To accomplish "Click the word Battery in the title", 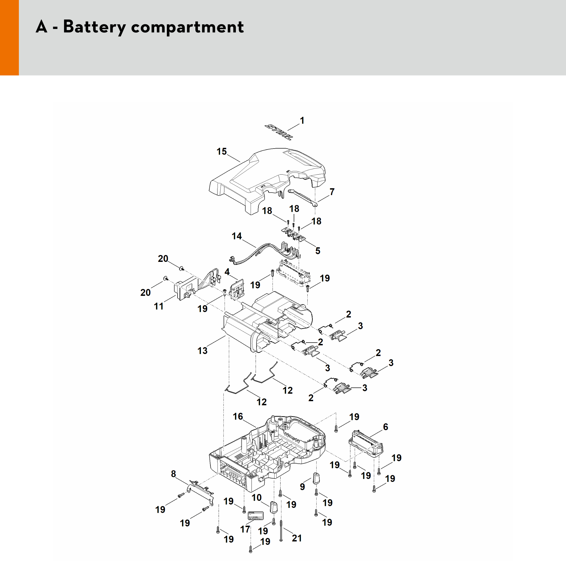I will tap(94, 27).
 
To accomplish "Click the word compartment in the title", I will tap(187, 27).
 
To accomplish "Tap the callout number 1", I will tap(302, 121).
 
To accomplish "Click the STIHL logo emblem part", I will tap(279, 132).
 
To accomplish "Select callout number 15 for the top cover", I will tap(221, 151).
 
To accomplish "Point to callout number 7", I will tap(332, 192).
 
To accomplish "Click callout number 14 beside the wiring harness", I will tap(237, 236).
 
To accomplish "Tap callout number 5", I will tap(318, 251).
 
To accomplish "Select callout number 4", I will tap(227, 272).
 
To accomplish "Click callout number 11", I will tap(159, 306).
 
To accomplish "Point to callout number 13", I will tap(202, 351).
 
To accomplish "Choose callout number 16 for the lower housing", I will tap(238, 416).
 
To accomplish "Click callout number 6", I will tap(385, 427).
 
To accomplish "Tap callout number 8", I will tap(174, 474).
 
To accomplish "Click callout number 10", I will tap(256, 497).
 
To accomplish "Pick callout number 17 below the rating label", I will tap(245, 529).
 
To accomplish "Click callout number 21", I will tap(297, 538).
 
